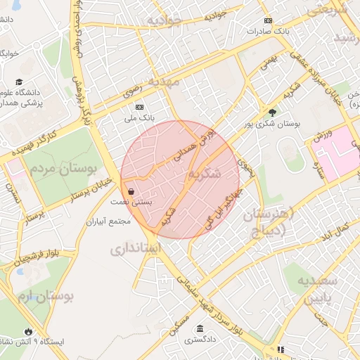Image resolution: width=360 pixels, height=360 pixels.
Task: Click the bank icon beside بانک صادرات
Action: coord(267,21)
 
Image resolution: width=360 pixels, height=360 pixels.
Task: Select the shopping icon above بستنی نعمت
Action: coord(131,191)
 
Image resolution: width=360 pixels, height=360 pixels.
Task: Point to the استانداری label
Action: coord(136,248)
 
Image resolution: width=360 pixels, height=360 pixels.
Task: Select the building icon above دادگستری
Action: coord(201,328)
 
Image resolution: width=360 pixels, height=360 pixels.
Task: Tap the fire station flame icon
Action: coord(27,331)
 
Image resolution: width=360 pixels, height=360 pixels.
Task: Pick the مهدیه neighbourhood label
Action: coord(160,82)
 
